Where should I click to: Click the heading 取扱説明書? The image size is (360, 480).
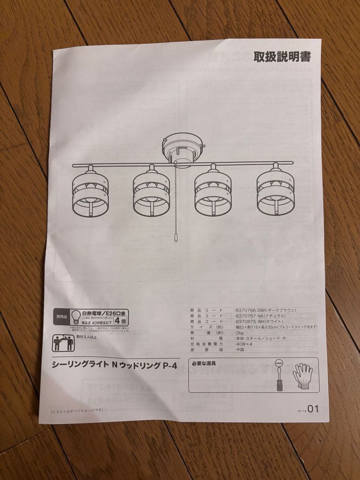(282, 57)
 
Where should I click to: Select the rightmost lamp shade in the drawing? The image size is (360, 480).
(276, 190)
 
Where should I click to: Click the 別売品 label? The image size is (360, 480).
(61, 317)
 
